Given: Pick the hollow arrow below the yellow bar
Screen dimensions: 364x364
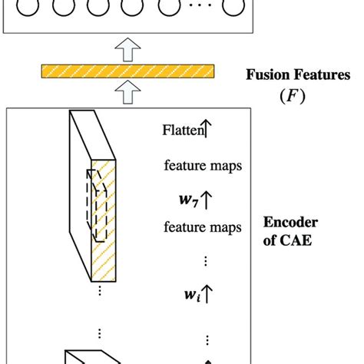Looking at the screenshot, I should pyautogui.click(x=126, y=94).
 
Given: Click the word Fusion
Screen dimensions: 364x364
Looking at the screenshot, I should pyautogui.click(x=266, y=75).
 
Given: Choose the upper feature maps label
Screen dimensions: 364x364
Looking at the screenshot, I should pyautogui.click(x=203, y=165).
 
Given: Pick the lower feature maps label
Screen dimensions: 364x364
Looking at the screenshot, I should pyautogui.click(x=203, y=227).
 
